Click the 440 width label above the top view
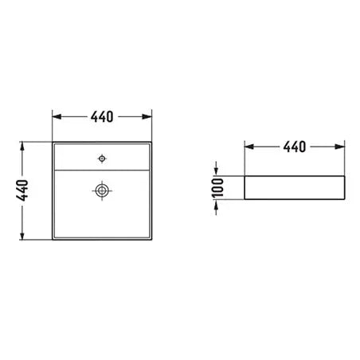[102, 116]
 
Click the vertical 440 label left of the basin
[23, 190]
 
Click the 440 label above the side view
[294, 147]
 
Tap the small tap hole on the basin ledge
[101, 158]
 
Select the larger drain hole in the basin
[101, 190]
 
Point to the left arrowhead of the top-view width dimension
[57, 116]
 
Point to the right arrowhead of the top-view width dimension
[147, 116]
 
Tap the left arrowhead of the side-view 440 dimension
[248, 147]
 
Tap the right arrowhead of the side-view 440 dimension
[340, 147]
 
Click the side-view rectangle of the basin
[294, 188]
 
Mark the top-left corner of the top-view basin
[53, 144]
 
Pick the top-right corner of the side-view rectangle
[343, 177]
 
